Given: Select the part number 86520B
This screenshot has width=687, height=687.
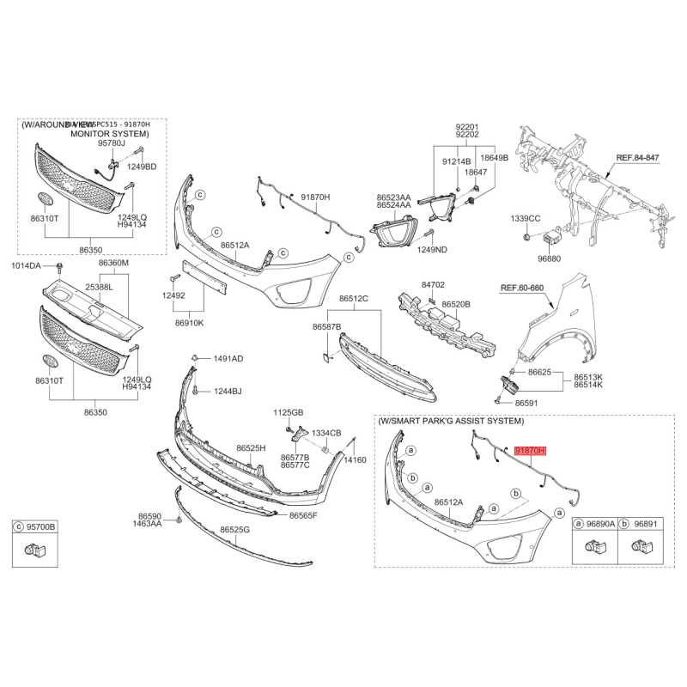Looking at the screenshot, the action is click(456, 304).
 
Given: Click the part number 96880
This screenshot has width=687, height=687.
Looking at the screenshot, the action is click(550, 258).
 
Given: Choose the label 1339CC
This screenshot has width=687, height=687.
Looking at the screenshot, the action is click(526, 218).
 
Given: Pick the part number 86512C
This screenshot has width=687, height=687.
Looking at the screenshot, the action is click(353, 298).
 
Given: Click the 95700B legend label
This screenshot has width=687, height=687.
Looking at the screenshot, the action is click(40, 526).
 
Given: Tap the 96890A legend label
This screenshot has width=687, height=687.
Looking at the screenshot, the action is click(600, 522).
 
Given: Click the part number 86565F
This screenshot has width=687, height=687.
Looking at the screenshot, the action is click(303, 515).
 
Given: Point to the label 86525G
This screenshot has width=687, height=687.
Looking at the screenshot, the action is click(234, 530).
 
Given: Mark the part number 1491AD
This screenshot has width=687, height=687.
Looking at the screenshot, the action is click(228, 358).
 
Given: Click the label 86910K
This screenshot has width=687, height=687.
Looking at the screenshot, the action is click(189, 323).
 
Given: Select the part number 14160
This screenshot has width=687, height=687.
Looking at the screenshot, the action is click(355, 460).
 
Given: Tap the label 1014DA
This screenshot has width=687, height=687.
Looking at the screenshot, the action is click(26, 266).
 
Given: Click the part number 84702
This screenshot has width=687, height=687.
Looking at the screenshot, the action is click(433, 284).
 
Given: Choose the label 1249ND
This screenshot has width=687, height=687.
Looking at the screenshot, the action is click(432, 250).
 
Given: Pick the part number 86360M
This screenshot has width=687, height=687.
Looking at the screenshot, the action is click(112, 263).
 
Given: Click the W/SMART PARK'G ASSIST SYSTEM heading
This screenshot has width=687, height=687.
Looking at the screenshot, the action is click(450, 421).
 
